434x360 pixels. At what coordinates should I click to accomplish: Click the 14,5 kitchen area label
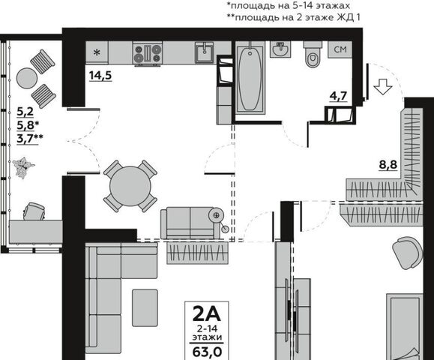pyautogui.click(x=100, y=75)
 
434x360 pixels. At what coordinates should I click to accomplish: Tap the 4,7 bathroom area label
pyautogui.click(x=338, y=96)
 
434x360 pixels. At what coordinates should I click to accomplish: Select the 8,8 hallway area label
pyautogui.click(x=388, y=165)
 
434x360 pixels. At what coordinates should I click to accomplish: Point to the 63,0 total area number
pyautogui.click(x=207, y=352)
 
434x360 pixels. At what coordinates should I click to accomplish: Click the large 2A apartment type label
pyautogui.click(x=206, y=314)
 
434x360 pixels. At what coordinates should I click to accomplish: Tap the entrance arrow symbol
pyautogui.click(x=383, y=86)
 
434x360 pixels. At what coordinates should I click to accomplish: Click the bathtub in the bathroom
pyautogui.click(x=250, y=78)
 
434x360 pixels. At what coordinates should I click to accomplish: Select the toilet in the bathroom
pyautogui.click(x=313, y=54)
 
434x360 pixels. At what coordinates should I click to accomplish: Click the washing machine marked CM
pyautogui.click(x=340, y=49)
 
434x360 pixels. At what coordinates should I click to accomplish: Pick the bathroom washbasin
pyautogui.click(x=280, y=49)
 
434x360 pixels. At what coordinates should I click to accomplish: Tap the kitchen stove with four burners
pyautogui.click(x=147, y=53)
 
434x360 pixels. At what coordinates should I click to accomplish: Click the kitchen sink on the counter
pyautogui.click(x=205, y=52)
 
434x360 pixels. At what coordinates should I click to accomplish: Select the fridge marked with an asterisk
pyautogui.click(x=97, y=52)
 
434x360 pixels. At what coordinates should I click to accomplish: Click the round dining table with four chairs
pyautogui.click(x=130, y=186)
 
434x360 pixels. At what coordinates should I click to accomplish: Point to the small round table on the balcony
pyautogui.click(x=27, y=78)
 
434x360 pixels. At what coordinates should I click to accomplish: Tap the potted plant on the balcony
pyautogui.click(x=23, y=168)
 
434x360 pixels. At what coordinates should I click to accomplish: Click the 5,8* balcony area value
pyautogui.click(x=26, y=125)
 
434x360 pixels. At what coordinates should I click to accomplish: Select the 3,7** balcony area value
pyautogui.click(x=30, y=138)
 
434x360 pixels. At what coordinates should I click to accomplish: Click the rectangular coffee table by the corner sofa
pyautogui.click(x=145, y=307)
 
